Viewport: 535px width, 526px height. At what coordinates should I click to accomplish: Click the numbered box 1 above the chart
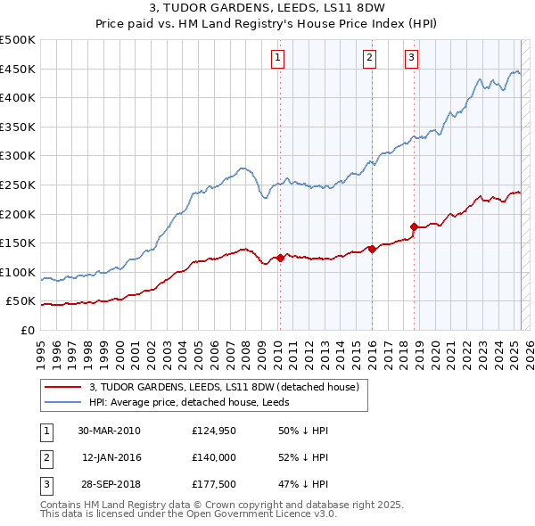click(x=278, y=59)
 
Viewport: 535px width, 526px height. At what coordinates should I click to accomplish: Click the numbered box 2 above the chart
click(x=369, y=59)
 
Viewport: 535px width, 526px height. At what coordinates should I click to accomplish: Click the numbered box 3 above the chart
click(x=411, y=59)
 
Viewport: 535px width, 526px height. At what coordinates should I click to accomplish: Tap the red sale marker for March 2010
click(x=280, y=258)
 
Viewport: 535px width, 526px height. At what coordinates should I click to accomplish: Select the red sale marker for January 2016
click(x=371, y=249)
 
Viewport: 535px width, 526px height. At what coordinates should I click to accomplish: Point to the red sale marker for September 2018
click(x=414, y=226)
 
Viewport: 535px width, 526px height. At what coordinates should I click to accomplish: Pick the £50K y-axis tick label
click(x=21, y=301)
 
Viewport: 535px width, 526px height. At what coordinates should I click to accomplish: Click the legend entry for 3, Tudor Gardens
click(x=224, y=387)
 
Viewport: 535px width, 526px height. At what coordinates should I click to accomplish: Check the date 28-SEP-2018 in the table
click(x=110, y=484)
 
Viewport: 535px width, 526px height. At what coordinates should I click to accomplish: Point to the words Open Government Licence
click(x=250, y=514)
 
